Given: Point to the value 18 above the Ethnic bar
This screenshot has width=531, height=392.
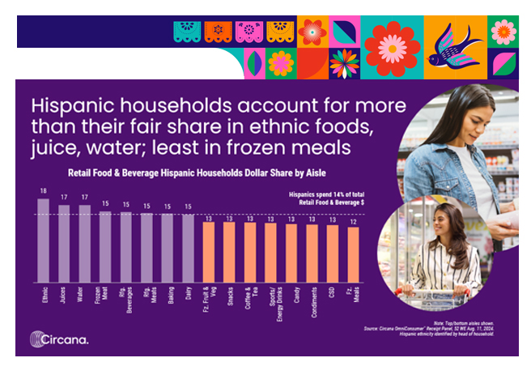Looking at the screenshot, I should [x=43, y=192].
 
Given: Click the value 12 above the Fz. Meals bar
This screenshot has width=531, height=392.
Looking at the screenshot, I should [x=353, y=221].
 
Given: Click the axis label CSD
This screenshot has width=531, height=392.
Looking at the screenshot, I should [x=333, y=290].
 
